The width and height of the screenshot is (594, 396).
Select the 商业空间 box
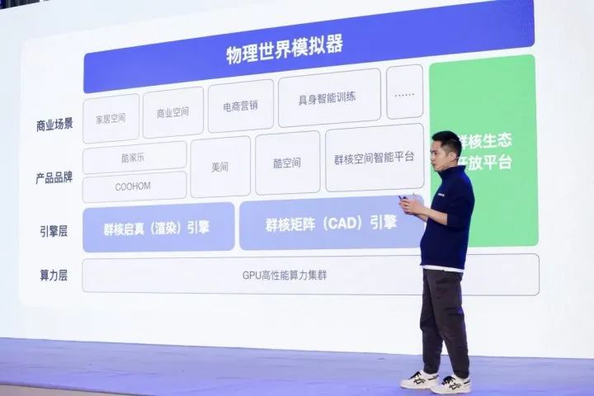click(x=172, y=111)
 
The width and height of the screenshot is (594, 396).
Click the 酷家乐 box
click(x=134, y=157)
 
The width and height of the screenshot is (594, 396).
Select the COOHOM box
click(x=134, y=186)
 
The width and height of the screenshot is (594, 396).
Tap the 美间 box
click(x=220, y=167)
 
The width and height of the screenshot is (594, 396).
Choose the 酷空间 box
click(x=287, y=163)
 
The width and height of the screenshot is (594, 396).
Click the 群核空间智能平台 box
click(x=374, y=157)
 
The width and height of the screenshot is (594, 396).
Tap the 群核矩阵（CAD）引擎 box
click(x=331, y=223)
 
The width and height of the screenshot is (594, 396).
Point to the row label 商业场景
click(x=54, y=124)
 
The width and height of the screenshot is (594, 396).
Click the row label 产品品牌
click(x=54, y=177)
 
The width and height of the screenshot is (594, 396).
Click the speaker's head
click(x=446, y=150)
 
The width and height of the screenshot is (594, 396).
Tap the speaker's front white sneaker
click(x=451, y=383)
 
